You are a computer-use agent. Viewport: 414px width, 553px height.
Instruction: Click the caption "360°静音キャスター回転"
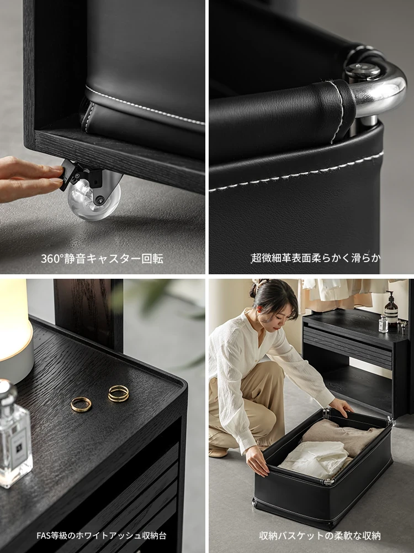pos(102,258)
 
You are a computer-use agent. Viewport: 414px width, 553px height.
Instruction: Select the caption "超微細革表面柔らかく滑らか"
pos(316,258)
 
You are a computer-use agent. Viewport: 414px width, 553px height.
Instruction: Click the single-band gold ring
pos(81,404)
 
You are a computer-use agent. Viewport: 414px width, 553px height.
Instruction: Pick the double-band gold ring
pos(118,393)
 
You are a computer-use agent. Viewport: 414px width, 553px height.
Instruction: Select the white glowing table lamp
pos(14,331)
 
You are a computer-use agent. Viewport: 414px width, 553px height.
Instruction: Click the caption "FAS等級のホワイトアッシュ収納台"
pos(102,535)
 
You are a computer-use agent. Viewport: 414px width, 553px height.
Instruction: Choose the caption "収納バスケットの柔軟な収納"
pos(320,535)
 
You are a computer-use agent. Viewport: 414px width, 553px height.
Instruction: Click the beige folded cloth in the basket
pos(339,436)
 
